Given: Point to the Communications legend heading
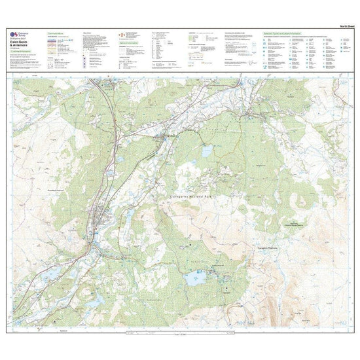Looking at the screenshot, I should click(x=60, y=33).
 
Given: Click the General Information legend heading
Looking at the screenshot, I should click(x=130, y=46).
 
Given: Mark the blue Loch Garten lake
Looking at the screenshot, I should click(x=207, y=151).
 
